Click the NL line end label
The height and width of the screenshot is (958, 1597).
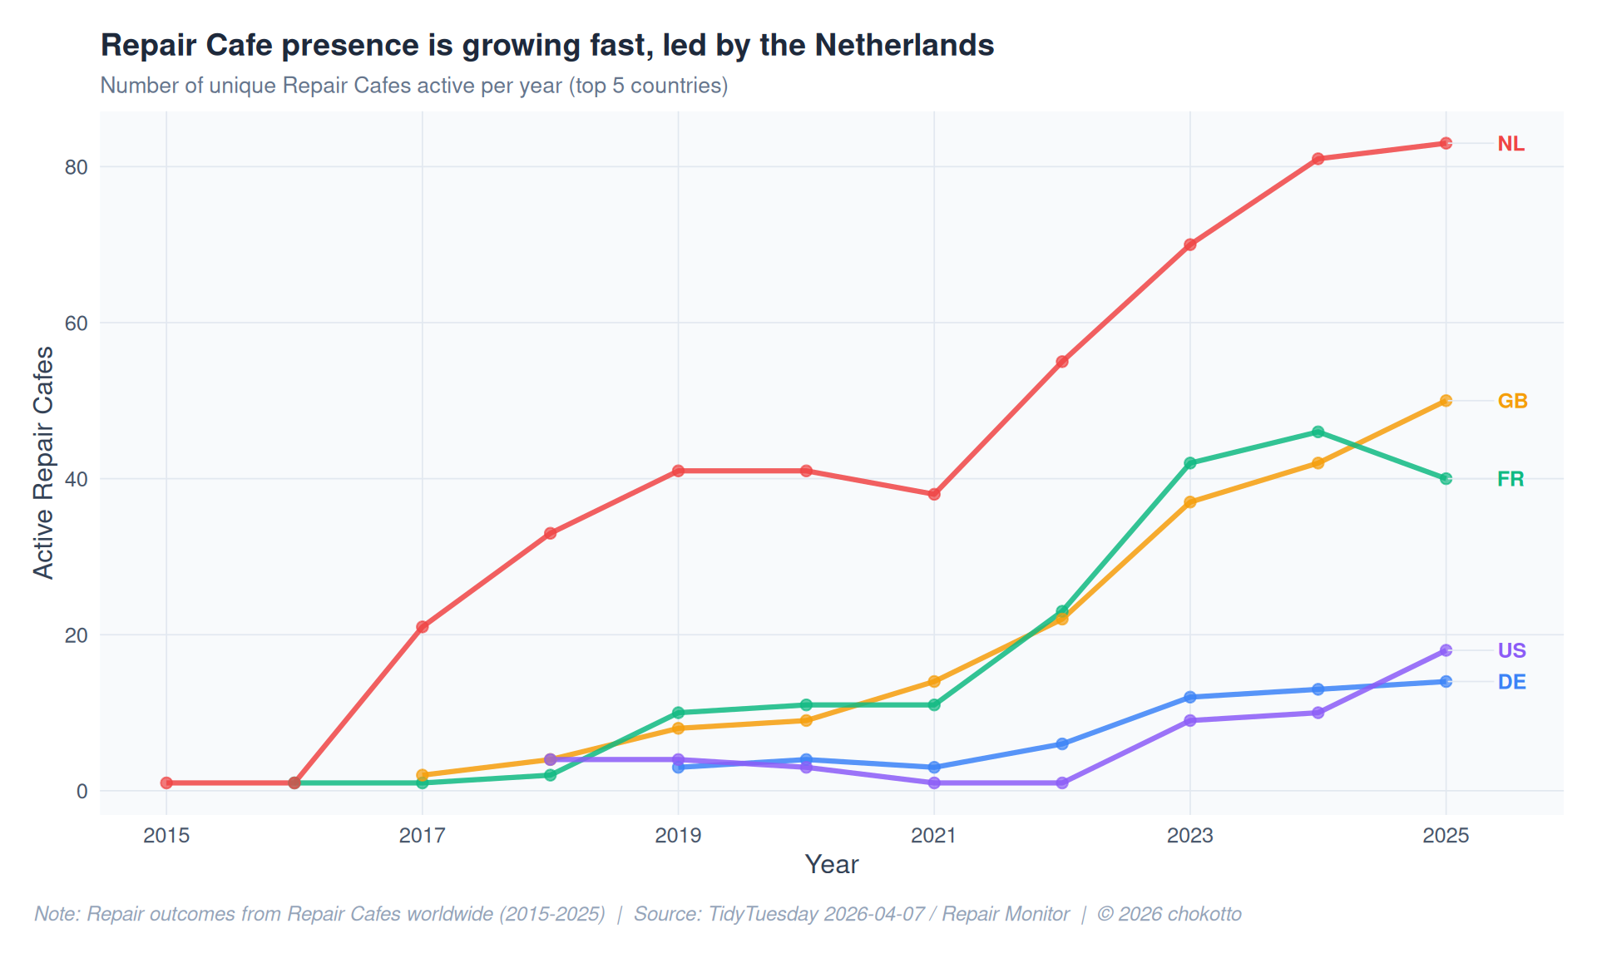(1510, 144)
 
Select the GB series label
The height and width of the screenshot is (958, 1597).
(1512, 401)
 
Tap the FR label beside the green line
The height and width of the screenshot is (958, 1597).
(1510, 479)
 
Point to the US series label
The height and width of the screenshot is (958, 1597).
(1511, 650)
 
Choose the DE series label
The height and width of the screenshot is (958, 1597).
(1511, 682)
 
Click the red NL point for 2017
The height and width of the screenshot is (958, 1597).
(423, 627)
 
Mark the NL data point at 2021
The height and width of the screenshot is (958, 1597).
(934, 494)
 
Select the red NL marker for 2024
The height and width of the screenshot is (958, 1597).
(1318, 159)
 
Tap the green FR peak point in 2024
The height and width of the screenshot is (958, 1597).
(1318, 432)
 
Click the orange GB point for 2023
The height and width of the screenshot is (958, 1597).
(1190, 502)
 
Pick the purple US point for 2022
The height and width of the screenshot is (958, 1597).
(1062, 783)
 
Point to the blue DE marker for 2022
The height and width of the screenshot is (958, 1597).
(1062, 743)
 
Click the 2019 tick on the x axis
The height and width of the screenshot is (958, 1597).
(678, 836)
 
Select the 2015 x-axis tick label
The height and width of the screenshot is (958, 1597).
(166, 836)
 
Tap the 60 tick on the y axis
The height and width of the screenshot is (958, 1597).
(77, 323)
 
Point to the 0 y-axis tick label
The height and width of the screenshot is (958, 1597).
(82, 791)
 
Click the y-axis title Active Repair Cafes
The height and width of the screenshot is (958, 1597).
(43, 462)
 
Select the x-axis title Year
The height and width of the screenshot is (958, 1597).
(831, 865)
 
